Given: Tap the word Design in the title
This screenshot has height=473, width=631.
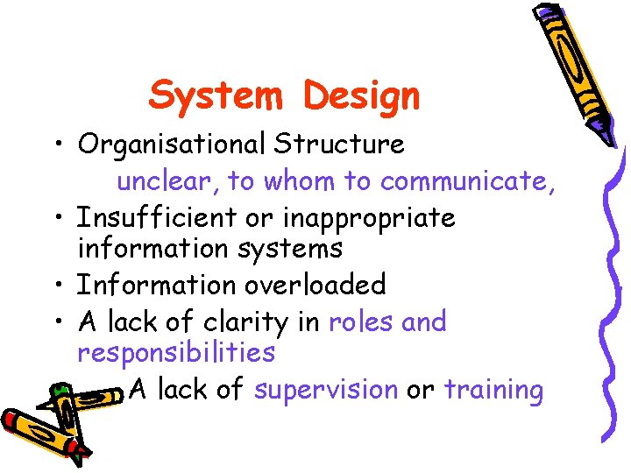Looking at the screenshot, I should click(x=362, y=96).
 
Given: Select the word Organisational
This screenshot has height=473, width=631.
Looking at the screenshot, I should click(x=172, y=145).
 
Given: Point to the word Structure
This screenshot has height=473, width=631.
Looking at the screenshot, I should click(x=340, y=144).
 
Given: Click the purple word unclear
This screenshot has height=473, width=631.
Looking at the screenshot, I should click(x=167, y=180).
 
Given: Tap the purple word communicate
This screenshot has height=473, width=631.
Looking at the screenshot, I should click(x=465, y=180).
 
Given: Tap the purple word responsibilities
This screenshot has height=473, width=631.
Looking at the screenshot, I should click(x=176, y=354).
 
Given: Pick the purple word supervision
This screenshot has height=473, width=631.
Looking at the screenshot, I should click(x=326, y=389).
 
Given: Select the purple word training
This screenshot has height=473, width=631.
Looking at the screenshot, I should click(x=493, y=390).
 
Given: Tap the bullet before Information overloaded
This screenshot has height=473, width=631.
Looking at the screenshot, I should click(x=56, y=286).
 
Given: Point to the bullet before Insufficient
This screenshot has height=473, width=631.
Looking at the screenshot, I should click(x=56, y=216).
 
